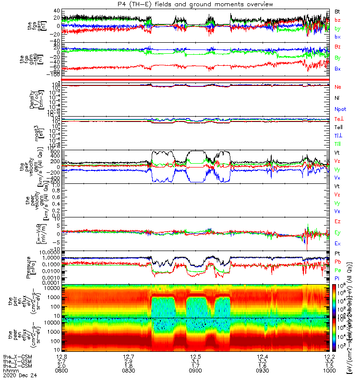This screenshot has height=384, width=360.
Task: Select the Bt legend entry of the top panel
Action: (338, 11)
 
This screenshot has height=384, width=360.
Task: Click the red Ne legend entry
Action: (338, 87)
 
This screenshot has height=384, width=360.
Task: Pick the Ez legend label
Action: (338, 221)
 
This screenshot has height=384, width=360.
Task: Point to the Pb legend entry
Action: (338, 262)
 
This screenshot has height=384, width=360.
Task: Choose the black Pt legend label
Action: (338, 253)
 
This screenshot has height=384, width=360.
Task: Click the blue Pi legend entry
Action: (337, 279)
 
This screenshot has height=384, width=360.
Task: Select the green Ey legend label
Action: (338, 232)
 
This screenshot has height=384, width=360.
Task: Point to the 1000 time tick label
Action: (328, 371)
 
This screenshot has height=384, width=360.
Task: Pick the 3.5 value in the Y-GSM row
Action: (328, 361)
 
